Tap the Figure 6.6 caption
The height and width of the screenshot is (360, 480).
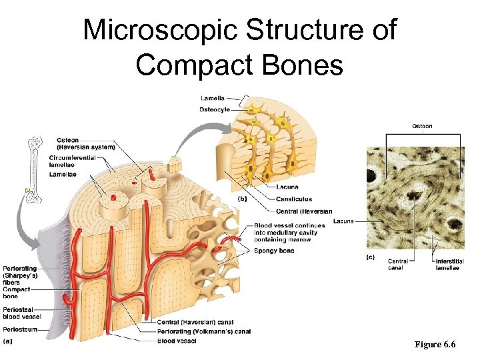coord(435,345)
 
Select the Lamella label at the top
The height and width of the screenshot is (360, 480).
coord(213,99)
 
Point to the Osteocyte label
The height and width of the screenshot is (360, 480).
coord(215,109)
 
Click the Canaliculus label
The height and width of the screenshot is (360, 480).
coord(294,199)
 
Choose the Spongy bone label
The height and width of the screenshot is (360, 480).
coord(274,251)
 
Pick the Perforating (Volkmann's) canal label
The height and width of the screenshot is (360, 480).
coord(204,331)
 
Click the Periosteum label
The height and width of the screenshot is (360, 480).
coord(20,329)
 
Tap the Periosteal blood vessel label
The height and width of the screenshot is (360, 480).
coord(22,312)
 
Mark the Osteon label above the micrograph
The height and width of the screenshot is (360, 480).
coord(422,126)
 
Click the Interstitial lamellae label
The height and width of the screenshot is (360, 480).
coord(449,265)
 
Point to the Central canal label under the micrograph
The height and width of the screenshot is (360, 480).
coord(398,265)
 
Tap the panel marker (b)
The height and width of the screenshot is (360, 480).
coord(245,198)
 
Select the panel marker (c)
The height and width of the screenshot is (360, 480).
coord(370,256)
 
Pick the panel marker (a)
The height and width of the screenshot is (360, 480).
coord(8,341)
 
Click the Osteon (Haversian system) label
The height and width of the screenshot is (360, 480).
coord(85,143)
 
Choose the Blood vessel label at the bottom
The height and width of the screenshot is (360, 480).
coord(177,341)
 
